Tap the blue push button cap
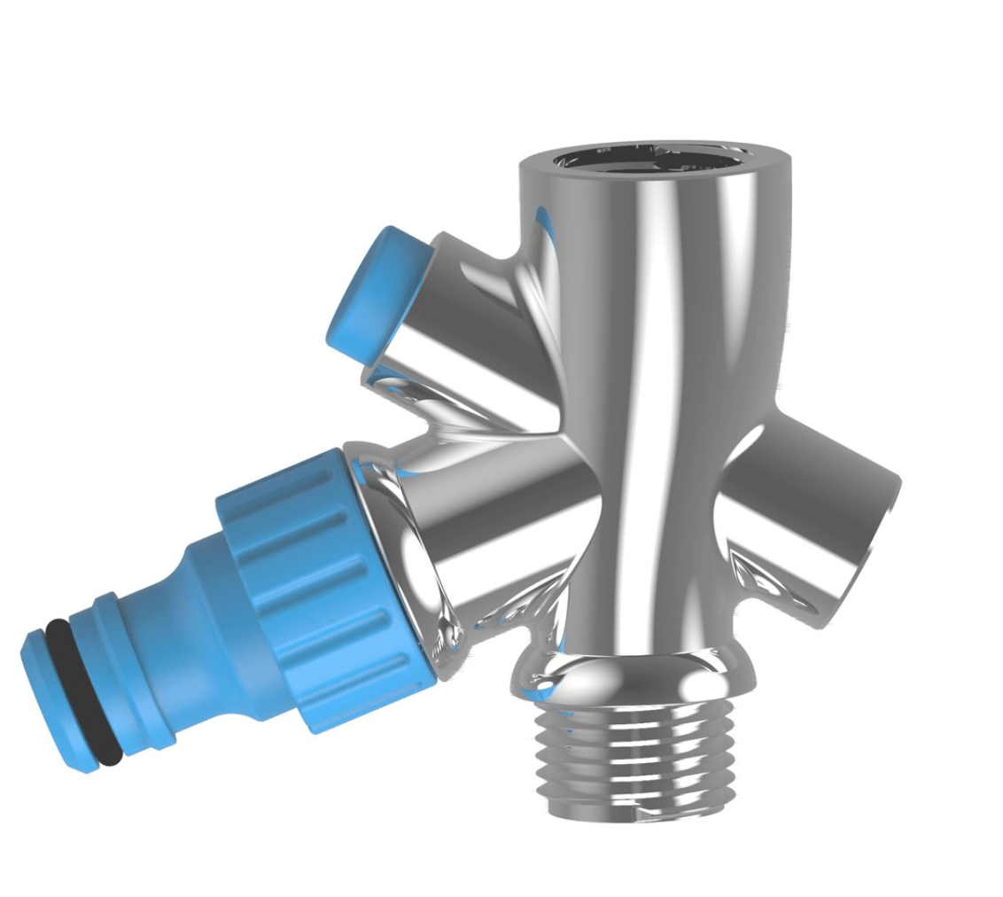(x=377, y=287)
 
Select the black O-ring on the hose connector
(x=83, y=691)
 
